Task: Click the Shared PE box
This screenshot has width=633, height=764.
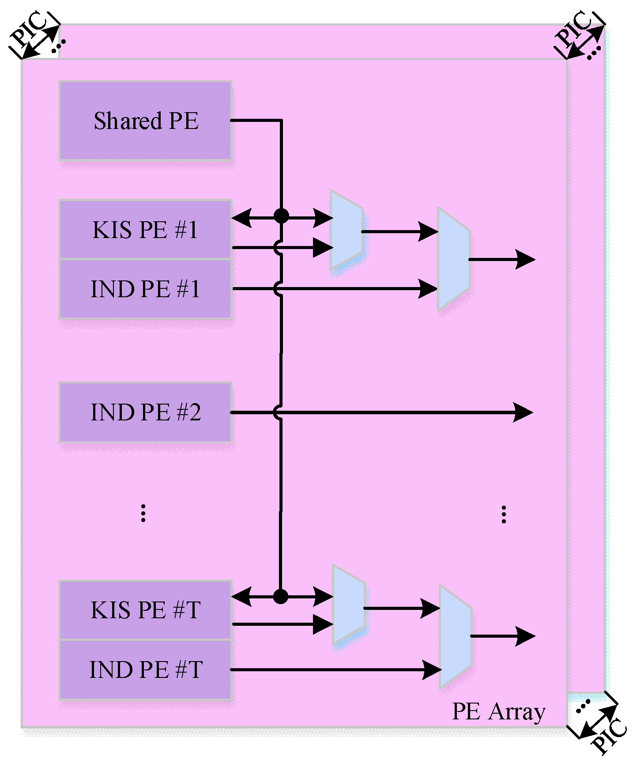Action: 146,121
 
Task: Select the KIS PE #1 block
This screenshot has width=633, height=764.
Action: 146,230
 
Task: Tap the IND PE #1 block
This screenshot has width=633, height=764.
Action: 146,289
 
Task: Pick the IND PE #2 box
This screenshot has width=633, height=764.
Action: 146,412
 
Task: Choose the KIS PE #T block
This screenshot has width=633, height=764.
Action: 146,610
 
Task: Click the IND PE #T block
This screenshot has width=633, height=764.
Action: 146,669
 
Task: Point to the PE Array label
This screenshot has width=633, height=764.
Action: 499,711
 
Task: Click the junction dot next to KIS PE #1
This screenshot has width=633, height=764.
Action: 281,216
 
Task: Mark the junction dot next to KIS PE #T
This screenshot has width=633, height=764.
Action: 280,596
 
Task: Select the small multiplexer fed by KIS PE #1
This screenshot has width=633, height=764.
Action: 347,230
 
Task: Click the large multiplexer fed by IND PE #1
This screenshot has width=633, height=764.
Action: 454,259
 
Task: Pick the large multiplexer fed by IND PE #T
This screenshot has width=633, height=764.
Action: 456,636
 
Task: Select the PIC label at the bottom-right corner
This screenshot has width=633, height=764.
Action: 609,735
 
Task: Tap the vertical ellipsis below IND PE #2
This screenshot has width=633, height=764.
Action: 143,514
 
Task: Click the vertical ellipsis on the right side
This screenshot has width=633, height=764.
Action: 504,514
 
